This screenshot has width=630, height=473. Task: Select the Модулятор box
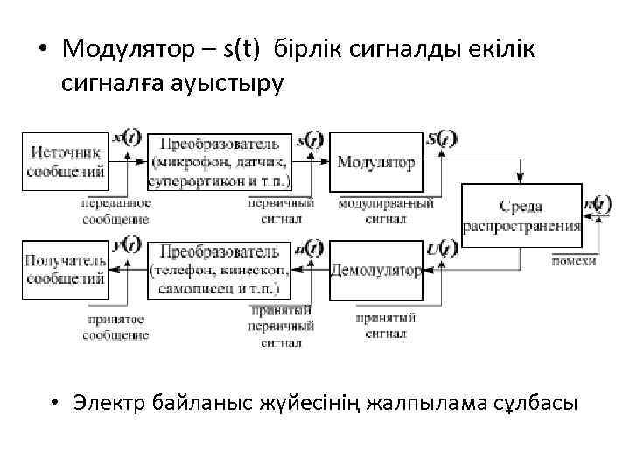point(376,163)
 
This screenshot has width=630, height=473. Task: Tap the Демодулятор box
point(376,270)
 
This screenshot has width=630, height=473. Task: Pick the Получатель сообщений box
point(66,270)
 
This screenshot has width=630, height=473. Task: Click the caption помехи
point(575,261)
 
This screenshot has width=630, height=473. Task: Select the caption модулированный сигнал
point(386,211)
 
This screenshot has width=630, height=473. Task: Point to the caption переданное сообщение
point(115,211)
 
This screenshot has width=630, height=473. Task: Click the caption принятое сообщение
point(115,327)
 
